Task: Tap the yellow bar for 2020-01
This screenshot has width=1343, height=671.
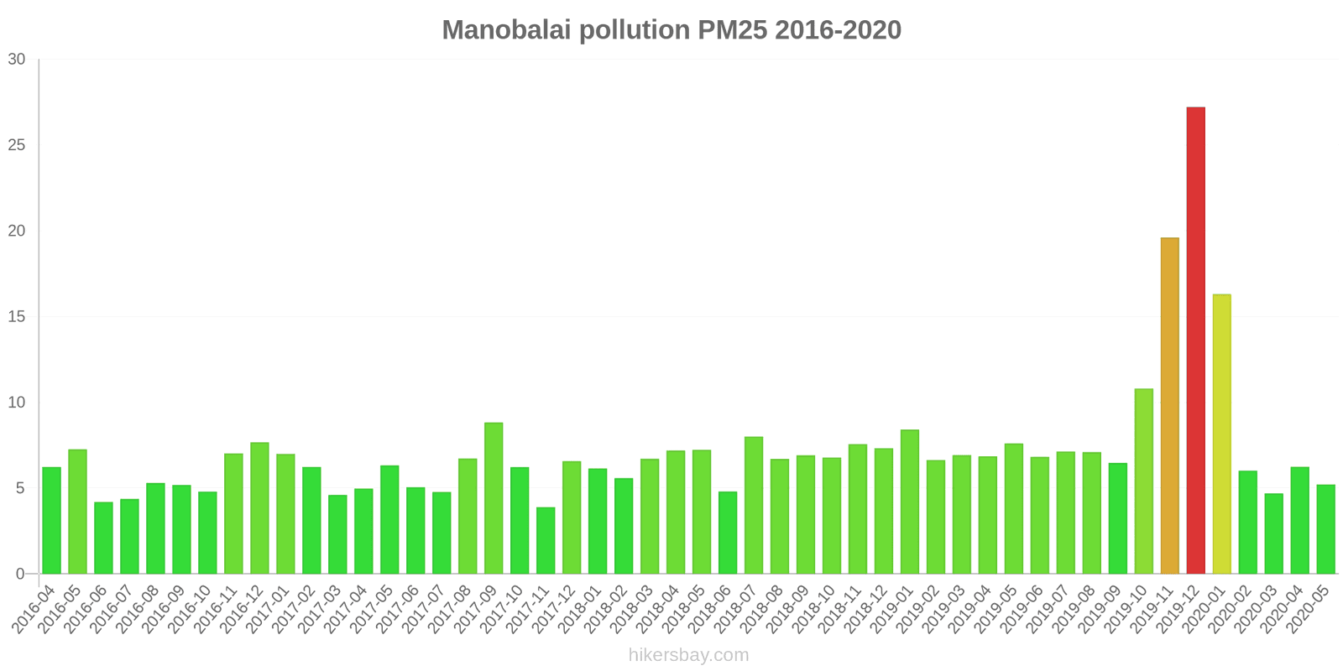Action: [1221, 434]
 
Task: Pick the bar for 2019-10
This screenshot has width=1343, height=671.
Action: [1143, 481]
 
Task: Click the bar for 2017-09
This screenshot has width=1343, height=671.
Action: [494, 498]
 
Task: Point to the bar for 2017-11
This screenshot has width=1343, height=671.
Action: [546, 540]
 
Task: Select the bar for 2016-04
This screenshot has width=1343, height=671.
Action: [51, 520]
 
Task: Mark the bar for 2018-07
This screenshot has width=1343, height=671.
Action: [754, 505]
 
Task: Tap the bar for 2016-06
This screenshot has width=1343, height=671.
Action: [103, 538]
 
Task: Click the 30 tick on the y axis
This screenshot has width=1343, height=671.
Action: [17, 60]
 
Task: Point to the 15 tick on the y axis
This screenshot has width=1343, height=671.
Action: [17, 317]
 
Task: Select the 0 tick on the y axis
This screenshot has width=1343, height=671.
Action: [21, 575]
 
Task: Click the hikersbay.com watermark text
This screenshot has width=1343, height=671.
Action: [688, 655]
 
